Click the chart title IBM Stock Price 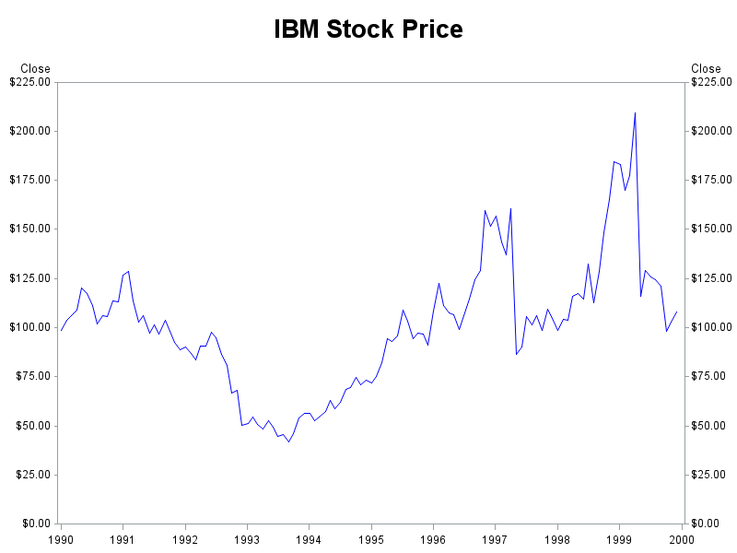(x=368, y=29)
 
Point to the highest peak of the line (x=635, y=112)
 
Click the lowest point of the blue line (x=288, y=442)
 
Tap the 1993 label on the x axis (x=247, y=538)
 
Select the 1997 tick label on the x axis (x=495, y=538)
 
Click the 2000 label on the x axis (x=681, y=538)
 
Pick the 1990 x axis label (x=61, y=538)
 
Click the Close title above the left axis (x=36, y=69)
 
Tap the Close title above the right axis (x=707, y=69)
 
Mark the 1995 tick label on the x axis (x=371, y=538)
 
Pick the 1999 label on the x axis (x=619, y=538)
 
